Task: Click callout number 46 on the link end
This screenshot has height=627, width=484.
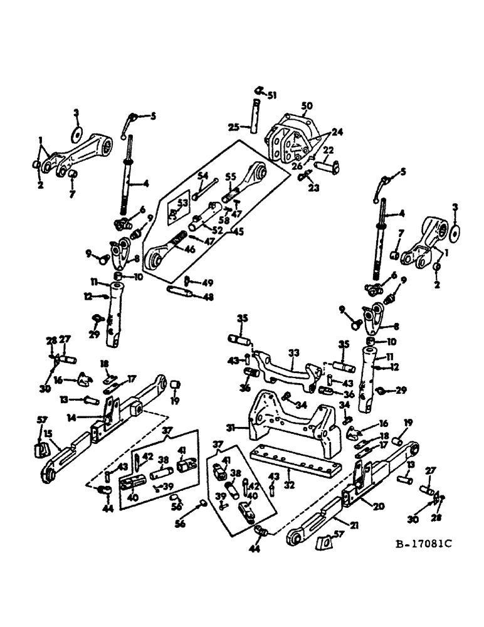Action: coord(189,248)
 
